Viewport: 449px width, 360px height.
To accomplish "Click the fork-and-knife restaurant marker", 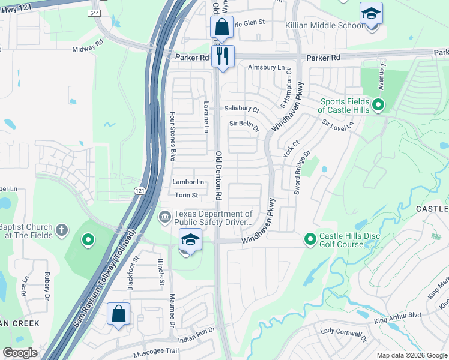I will [223, 57].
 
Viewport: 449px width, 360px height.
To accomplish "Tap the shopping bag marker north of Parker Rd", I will [221, 28].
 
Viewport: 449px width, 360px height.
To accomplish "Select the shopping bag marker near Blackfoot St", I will [118, 314].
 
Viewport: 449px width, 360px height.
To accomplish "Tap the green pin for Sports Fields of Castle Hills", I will [378, 106].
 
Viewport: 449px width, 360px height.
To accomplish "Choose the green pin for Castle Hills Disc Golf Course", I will [310, 239].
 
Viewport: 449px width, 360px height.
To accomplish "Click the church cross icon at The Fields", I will [62, 230].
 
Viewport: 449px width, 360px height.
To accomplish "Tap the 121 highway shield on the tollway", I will [139, 190].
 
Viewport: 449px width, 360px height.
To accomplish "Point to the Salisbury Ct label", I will [241, 110].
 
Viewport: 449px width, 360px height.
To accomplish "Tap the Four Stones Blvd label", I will [172, 136].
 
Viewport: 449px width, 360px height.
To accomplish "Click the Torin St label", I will [187, 195].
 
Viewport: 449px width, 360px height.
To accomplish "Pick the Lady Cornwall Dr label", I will [343, 334].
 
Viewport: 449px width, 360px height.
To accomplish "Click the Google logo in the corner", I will [20, 353].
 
